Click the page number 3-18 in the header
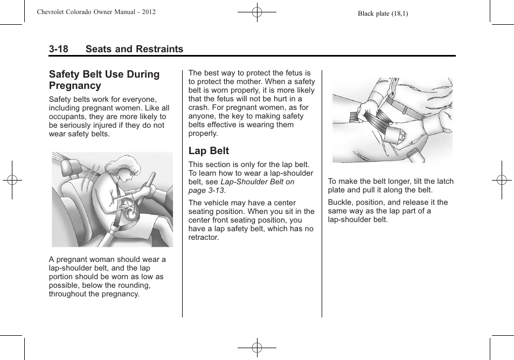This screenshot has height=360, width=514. (x=58, y=49)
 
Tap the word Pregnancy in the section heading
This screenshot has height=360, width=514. (x=75, y=86)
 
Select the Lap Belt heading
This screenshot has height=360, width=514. (x=209, y=151)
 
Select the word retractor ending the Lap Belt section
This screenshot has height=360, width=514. (x=204, y=237)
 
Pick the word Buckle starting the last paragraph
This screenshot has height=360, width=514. (x=340, y=202)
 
